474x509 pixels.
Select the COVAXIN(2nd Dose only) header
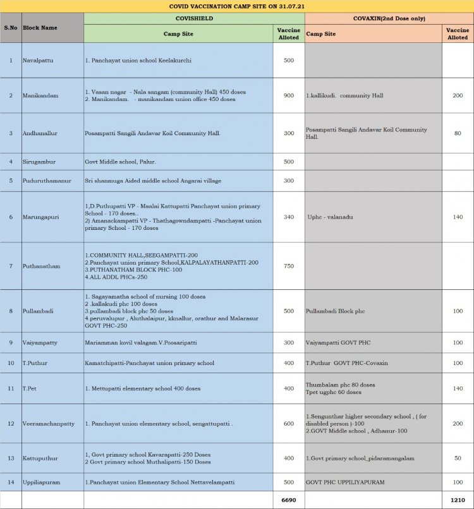click(x=388, y=19)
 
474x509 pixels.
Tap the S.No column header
click(x=11, y=28)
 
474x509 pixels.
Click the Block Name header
click(x=40, y=28)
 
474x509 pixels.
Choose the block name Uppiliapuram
click(x=42, y=482)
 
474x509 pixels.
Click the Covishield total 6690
click(x=288, y=500)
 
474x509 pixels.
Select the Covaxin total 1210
click(x=457, y=500)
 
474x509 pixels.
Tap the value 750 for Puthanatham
click(x=288, y=266)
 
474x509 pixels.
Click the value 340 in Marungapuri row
click(x=288, y=217)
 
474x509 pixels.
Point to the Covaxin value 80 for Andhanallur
click(x=457, y=133)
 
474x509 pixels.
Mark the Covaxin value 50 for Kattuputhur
click(x=457, y=458)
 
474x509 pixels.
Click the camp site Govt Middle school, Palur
click(x=121, y=162)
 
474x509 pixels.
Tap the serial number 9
click(x=11, y=342)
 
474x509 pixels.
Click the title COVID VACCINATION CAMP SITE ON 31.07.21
click(x=236, y=6)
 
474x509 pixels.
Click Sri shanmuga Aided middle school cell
click(x=153, y=181)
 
